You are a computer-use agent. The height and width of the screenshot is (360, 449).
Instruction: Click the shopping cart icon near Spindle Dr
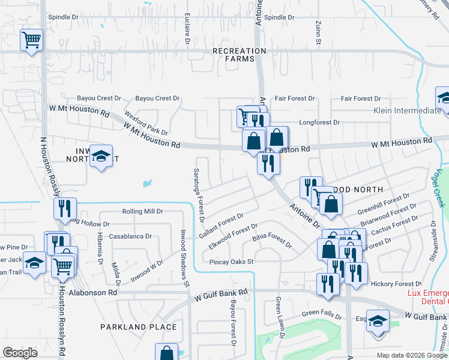pyautogui.click(x=31, y=40)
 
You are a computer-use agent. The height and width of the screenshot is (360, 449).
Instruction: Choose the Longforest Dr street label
pyautogui.click(x=319, y=122)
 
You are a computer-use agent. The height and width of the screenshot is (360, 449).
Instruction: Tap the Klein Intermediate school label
pyautogui.click(x=407, y=111)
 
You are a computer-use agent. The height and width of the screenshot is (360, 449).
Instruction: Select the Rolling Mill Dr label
pyautogui.click(x=142, y=211)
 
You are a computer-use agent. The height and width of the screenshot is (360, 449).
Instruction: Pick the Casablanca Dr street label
pyautogui.click(x=130, y=236)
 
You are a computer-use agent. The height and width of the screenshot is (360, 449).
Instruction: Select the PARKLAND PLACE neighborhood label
pyautogui.click(x=139, y=327)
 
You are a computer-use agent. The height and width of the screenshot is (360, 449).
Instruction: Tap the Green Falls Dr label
pyautogui.click(x=322, y=313)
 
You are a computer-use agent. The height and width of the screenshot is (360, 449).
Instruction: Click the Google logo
pyautogui.click(x=20, y=353)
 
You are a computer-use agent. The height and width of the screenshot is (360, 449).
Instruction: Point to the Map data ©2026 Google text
pyautogui.click(x=411, y=355)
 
